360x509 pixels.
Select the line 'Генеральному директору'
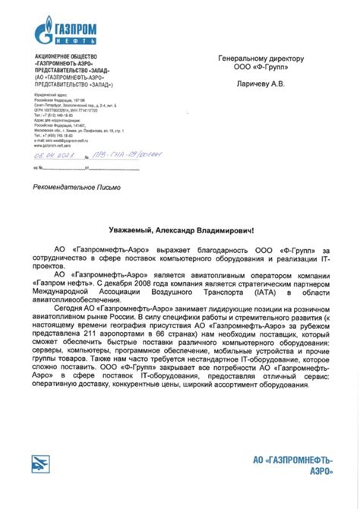pyautogui.click(x=261, y=58)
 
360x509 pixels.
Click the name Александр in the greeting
pyautogui.click(x=181, y=229)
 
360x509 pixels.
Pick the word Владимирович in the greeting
pyautogui.click(x=235, y=229)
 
